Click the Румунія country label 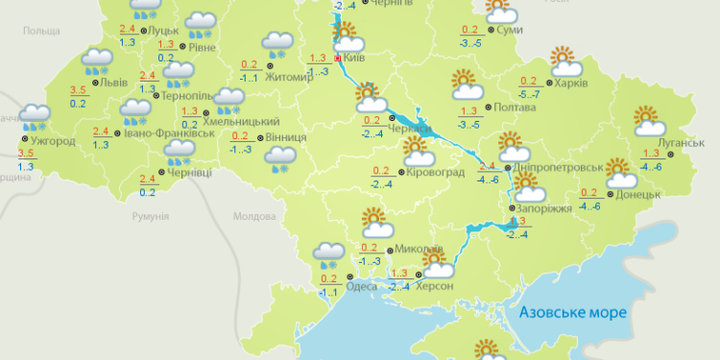[151, 218]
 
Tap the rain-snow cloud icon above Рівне [201, 23]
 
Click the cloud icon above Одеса [329, 253]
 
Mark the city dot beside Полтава [488, 108]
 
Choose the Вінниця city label [286, 137]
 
